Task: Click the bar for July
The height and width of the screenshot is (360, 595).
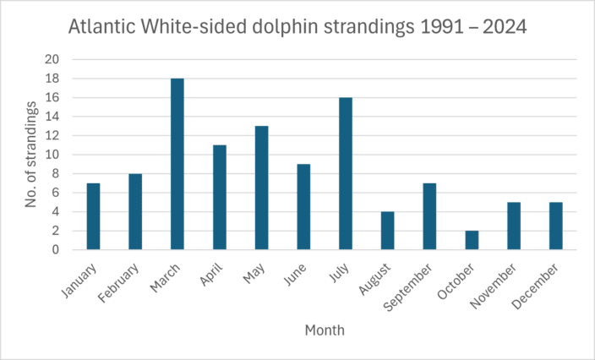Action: (x=346, y=173)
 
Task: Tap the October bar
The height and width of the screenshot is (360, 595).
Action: (x=472, y=240)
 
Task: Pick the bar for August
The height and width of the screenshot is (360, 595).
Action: (x=387, y=231)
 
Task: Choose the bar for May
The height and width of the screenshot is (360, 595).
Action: (x=261, y=188)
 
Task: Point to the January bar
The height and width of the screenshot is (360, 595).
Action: (x=93, y=216)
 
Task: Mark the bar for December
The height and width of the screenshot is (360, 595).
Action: (x=555, y=226)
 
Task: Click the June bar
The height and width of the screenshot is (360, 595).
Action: (x=303, y=207)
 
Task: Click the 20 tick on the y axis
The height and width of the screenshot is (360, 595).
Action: (x=52, y=59)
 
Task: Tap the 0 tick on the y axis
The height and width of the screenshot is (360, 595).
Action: (x=56, y=250)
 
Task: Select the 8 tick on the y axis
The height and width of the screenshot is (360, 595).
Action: (x=56, y=174)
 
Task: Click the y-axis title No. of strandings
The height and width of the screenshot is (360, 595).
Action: (x=31, y=154)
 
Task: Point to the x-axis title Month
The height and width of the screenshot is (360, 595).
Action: (x=325, y=330)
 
